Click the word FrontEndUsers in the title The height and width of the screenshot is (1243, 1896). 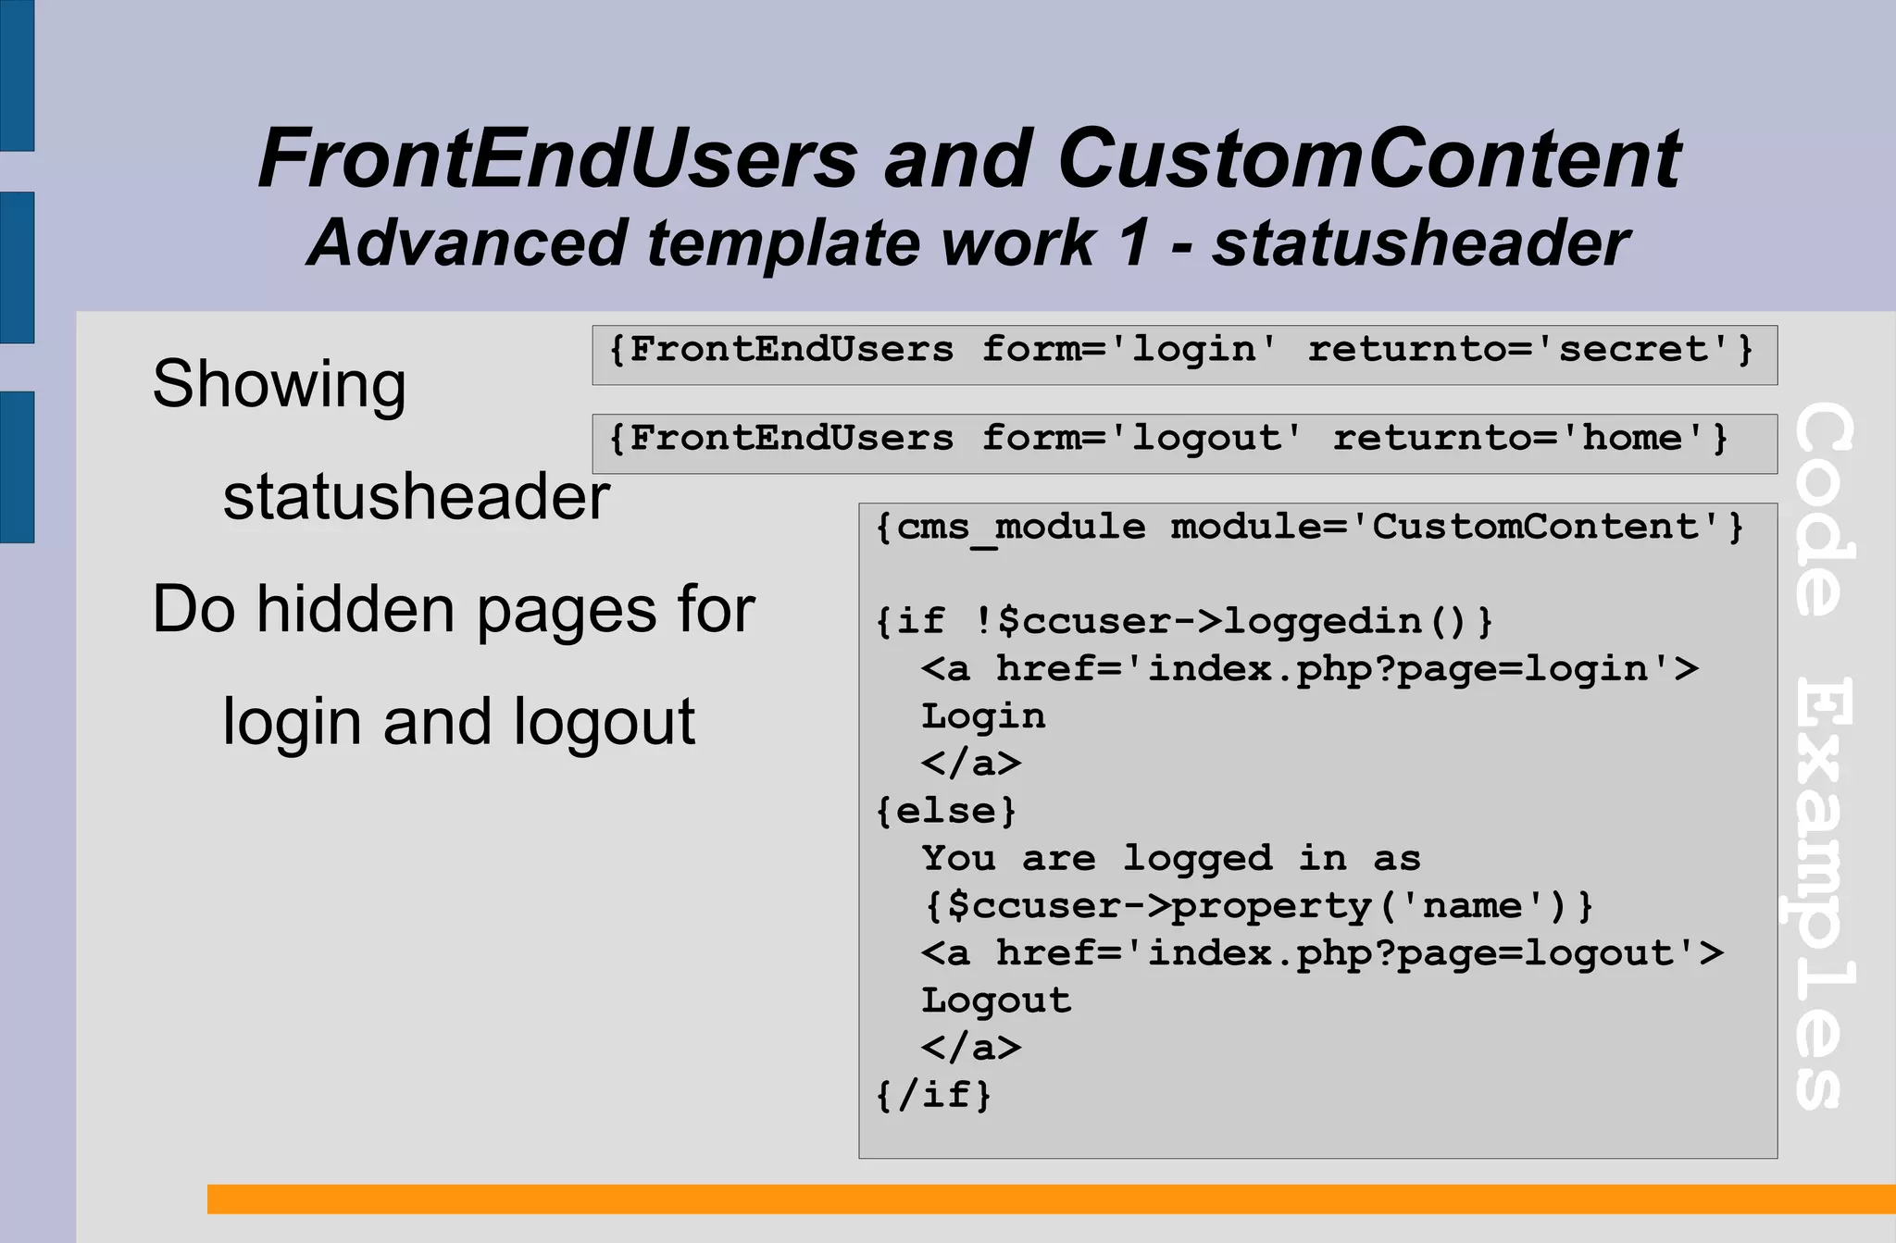point(557,158)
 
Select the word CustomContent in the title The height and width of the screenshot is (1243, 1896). point(1369,158)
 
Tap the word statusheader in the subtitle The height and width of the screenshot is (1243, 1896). point(1420,243)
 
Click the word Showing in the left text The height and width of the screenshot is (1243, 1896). point(279,384)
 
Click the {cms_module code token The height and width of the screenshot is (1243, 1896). point(1010,528)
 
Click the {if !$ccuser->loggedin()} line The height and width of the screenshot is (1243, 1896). point(1184,621)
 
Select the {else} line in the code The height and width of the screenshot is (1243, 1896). point(945,811)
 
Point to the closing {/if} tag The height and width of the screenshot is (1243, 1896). point(933,1095)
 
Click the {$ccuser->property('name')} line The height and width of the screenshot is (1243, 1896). point(1258,905)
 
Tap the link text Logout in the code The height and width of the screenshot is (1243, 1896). point(996,1001)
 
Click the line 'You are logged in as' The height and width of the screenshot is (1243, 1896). point(1170,858)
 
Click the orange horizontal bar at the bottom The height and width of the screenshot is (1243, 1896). point(1051,1199)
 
